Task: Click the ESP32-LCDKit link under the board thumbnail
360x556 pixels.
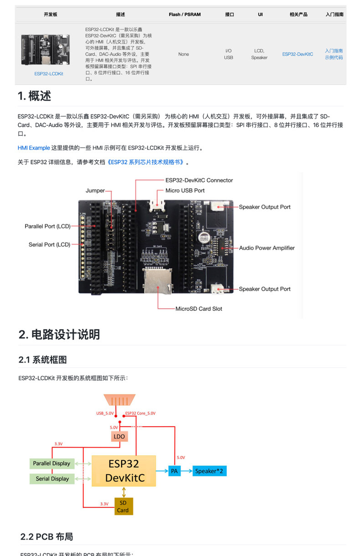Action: point(49,73)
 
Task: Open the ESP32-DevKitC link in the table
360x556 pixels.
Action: point(298,54)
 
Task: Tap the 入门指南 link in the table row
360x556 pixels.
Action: point(334,51)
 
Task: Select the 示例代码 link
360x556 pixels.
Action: point(334,57)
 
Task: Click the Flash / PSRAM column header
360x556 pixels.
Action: point(185,15)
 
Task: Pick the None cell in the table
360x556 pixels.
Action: point(184,54)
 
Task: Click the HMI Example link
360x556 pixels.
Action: point(34,148)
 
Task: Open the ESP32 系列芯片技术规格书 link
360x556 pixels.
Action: point(146,162)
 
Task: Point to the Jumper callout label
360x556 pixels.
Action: point(95,190)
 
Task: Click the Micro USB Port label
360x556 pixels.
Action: point(185,190)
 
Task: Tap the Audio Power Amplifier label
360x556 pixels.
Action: point(267,248)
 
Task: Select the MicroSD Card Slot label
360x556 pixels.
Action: point(199,309)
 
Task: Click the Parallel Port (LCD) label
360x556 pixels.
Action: point(47,226)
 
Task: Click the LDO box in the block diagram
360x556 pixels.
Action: point(119,436)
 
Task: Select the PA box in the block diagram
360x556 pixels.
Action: point(174,471)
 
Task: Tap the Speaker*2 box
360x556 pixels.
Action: point(210,471)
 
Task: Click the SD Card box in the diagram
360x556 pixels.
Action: point(123,506)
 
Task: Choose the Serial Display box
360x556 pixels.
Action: point(52,479)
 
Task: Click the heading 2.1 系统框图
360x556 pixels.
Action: point(43,360)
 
